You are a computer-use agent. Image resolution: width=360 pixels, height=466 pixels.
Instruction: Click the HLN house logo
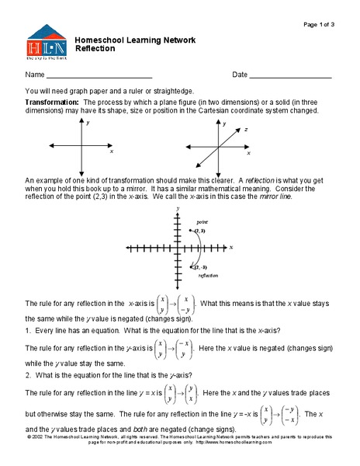[x=47, y=43]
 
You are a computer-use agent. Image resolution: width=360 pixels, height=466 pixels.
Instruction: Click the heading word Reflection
[x=95, y=48]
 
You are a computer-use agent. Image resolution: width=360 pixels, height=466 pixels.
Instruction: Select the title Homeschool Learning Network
[x=134, y=40]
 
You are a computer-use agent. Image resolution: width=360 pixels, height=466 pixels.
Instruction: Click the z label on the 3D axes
[x=245, y=130]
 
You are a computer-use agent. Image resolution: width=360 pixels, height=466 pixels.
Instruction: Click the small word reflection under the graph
[x=207, y=276]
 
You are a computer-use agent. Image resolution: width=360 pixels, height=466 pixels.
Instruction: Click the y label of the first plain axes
[x=88, y=123]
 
